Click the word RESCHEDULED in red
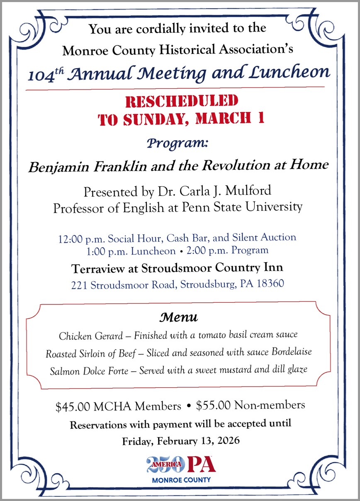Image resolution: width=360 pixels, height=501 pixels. click(x=182, y=101)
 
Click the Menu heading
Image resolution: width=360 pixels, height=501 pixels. click(x=179, y=318)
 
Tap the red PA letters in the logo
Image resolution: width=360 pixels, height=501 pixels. click(x=201, y=465)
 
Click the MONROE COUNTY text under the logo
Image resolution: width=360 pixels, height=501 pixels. click(x=181, y=480)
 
